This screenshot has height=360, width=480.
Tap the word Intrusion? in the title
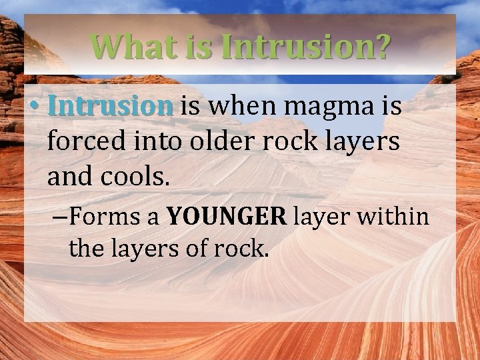tap(306, 47)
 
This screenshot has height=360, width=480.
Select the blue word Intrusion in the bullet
tap(111, 107)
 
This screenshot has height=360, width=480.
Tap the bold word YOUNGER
tap(226, 217)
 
